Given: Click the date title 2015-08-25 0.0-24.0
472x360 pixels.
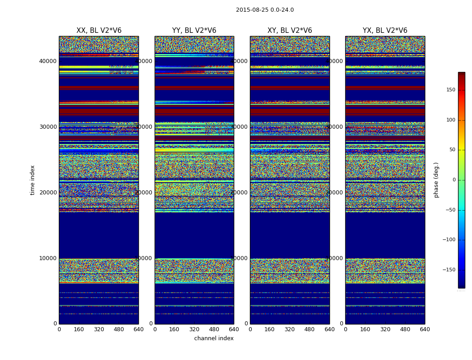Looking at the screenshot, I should click(x=265, y=10).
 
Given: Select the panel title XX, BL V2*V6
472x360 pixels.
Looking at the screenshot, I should click(x=99, y=31).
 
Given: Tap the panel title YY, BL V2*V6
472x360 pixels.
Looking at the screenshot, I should click(x=194, y=31).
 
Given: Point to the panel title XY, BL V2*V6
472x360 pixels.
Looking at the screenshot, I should click(x=289, y=31).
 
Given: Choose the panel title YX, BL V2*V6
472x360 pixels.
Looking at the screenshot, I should click(x=385, y=31).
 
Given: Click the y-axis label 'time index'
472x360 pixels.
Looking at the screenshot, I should click(x=32, y=180).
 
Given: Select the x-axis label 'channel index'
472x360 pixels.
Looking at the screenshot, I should click(x=214, y=338).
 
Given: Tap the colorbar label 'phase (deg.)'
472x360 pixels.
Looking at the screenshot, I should click(x=436, y=180).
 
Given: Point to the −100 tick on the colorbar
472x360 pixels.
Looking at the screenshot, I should click(x=448, y=240).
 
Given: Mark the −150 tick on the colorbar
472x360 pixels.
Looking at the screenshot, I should click(x=448, y=270).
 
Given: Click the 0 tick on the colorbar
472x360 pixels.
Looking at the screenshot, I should click(x=453, y=180).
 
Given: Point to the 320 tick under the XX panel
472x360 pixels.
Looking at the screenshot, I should click(x=99, y=329).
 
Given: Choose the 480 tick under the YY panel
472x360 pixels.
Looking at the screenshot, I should click(x=214, y=329).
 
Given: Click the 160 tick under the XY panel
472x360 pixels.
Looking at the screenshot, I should click(x=270, y=329).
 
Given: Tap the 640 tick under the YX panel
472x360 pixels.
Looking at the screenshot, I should click(x=425, y=329).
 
